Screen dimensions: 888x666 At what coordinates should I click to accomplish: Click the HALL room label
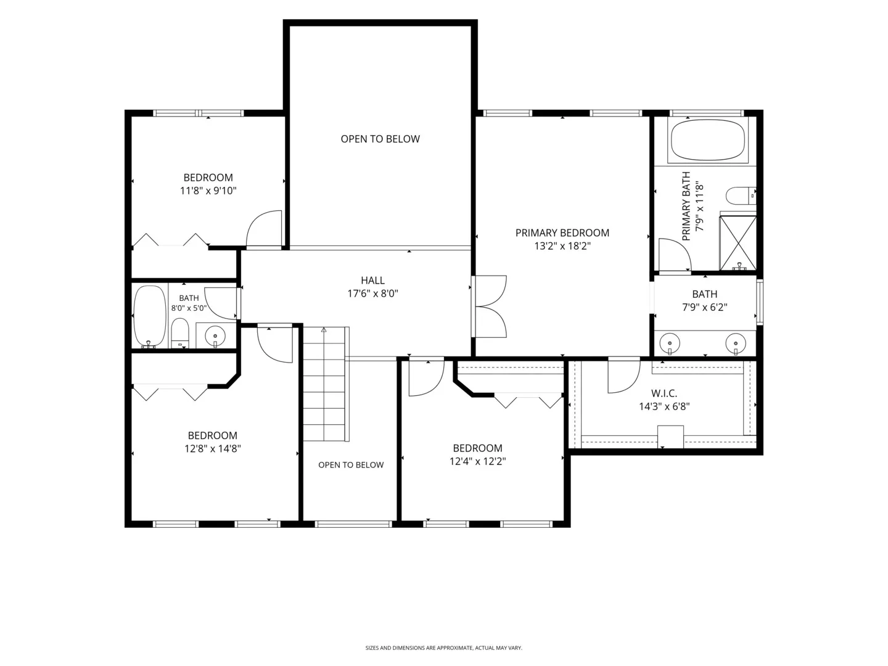[x=372, y=280]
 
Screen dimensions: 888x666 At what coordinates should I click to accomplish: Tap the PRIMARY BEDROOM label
[x=562, y=233]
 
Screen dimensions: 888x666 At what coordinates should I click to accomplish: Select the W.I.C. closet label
[x=664, y=393]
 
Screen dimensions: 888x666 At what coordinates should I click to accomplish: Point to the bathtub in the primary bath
[x=707, y=140]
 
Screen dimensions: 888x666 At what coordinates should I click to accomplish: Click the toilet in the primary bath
[x=741, y=195]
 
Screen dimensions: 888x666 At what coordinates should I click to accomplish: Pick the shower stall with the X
[x=738, y=243]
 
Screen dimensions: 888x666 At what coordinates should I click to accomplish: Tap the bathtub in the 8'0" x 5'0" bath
[x=149, y=316]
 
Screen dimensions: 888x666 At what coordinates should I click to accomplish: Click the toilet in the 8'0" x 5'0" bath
[x=180, y=333]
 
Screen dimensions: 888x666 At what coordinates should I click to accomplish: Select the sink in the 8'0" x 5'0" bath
[x=215, y=336]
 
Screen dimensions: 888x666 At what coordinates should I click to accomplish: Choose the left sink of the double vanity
[x=670, y=343]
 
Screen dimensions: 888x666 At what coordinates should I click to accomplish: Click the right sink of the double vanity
[x=736, y=343]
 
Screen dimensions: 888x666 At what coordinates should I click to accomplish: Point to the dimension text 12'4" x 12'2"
[x=477, y=461]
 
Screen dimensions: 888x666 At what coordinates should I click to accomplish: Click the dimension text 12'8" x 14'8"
[x=212, y=448]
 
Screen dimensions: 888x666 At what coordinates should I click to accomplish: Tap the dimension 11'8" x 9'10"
[x=208, y=191]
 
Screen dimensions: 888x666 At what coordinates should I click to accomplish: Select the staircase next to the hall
[x=326, y=384]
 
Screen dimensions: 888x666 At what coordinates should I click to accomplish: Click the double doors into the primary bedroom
[x=490, y=306]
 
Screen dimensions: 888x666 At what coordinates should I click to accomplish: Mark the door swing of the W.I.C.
[x=624, y=376]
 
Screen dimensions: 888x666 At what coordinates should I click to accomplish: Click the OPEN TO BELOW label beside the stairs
[x=351, y=465]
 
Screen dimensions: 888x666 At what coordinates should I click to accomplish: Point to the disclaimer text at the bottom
[x=443, y=647]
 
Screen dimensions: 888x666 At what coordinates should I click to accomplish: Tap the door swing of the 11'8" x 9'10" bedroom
[x=264, y=229]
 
